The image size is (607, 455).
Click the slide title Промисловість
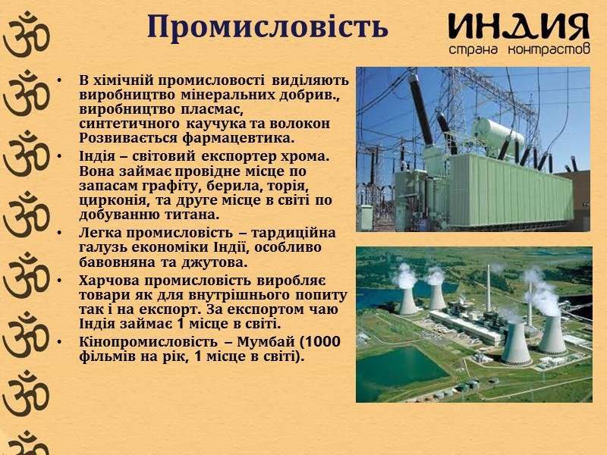pos(268,27)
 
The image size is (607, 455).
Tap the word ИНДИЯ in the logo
pos(518,27)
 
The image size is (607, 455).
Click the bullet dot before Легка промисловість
pos(59,233)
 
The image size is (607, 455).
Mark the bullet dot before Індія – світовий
pos(59,157)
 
